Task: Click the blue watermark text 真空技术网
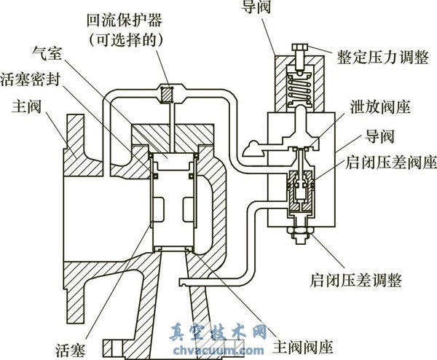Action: click(219, 333)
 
